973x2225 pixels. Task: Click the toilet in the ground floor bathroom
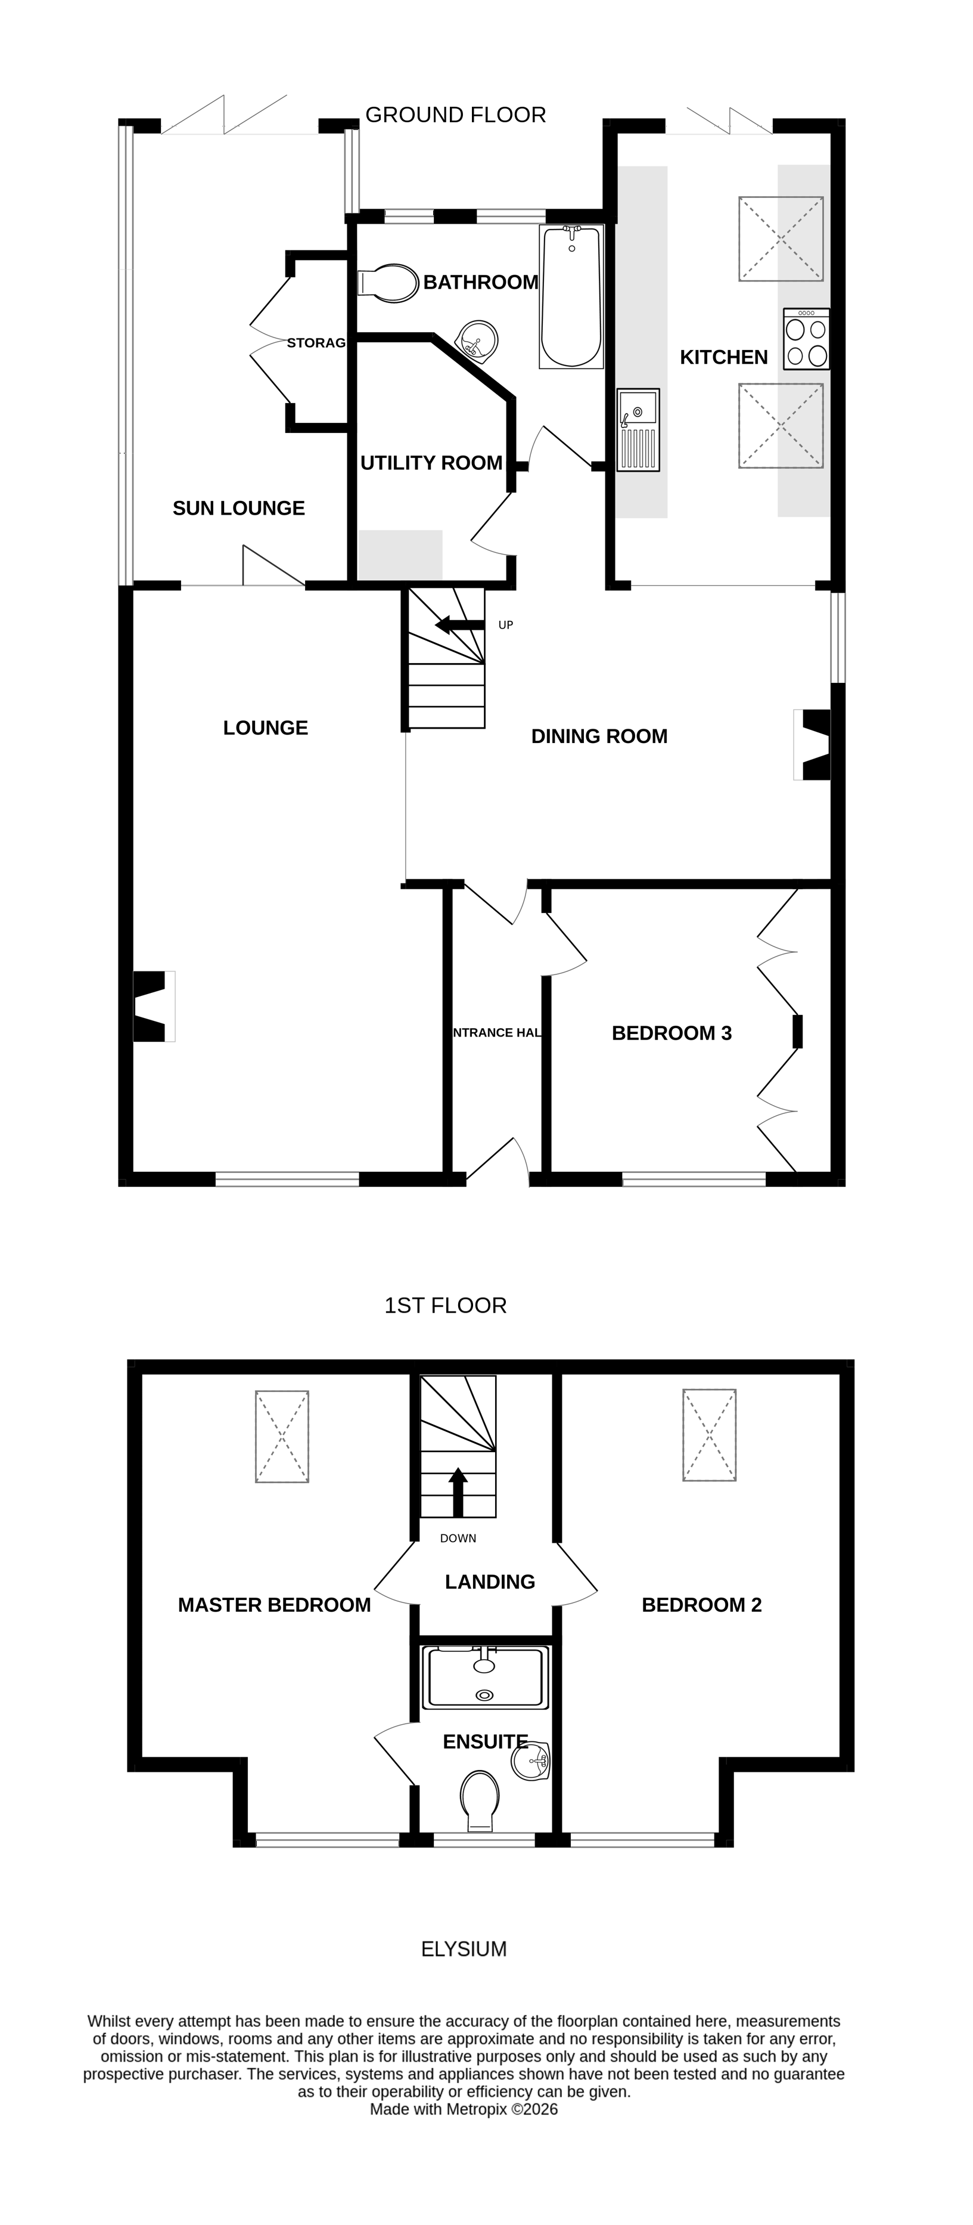tap(388, 283)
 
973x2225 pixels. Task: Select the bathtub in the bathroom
tap(571, 296)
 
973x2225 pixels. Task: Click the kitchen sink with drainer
tap(638, 429)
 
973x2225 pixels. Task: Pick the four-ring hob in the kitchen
tap(806, 339)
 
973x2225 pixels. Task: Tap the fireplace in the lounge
tap(153, 1006)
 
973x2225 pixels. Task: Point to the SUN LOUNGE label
tap(238, 508)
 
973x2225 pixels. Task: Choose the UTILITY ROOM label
tap(431, 463)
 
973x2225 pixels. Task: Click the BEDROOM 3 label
tap(672, 1033)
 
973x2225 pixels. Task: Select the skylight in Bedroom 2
tap(710, 1435)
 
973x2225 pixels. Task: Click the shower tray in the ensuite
tap(485, 1678)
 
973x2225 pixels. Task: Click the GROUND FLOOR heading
tap(456, 115)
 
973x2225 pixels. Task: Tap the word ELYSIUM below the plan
tap(464, 1949)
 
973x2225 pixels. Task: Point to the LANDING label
tap(490, 1582)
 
